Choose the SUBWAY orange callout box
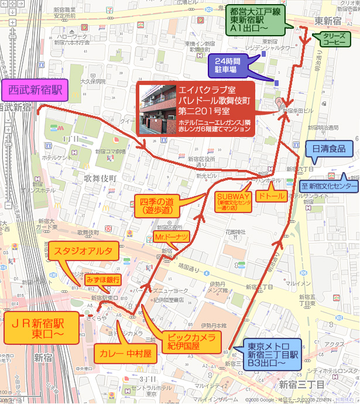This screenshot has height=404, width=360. (234, 201)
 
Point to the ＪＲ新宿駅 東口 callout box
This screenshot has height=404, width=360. (40, 328)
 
